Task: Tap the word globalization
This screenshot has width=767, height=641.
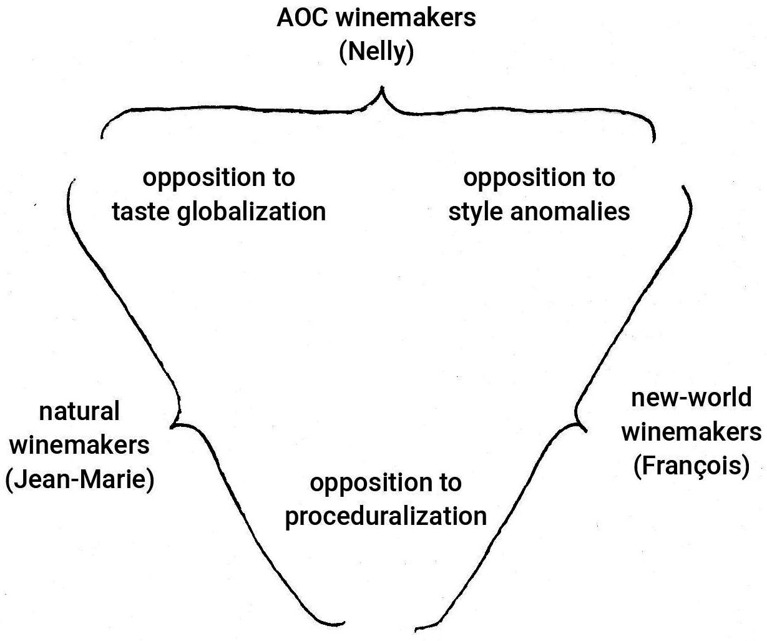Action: point(252,212)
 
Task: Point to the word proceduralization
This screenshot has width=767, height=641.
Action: point(386,517)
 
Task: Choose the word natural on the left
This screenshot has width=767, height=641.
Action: point(79,412)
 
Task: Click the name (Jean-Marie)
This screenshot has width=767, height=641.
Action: point(80,480)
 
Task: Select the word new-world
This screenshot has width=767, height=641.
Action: point(691,398)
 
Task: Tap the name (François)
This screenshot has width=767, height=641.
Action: point(691,466)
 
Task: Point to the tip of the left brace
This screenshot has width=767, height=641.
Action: point(172,426)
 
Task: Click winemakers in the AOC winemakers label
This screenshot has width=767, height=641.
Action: point(405,17)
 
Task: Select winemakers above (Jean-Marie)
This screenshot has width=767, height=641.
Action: point(80,446)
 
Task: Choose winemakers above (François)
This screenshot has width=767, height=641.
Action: point(691,432)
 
